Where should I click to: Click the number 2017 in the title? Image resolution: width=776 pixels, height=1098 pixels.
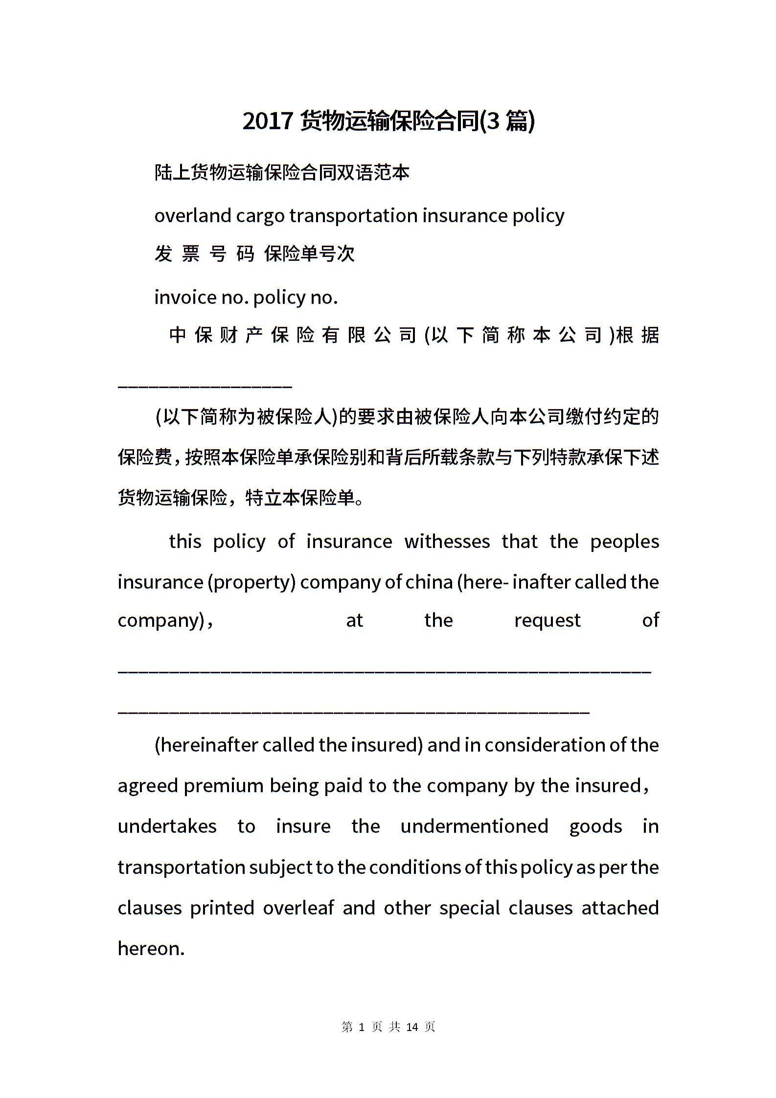[x=268, y=121]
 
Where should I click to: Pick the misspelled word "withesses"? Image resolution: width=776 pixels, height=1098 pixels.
[x=447, y=541]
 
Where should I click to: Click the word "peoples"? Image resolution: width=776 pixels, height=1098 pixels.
[x=624, y=542]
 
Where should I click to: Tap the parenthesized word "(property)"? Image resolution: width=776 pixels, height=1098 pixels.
[x=251, y=582]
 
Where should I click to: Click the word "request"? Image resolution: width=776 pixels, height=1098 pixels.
[x=547, y=620]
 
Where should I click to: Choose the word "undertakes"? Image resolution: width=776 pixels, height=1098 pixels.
[x=167, y=826]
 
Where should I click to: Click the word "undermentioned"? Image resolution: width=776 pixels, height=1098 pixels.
[x=474, y=826]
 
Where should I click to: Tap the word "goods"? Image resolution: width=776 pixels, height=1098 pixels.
[x=595, y=826]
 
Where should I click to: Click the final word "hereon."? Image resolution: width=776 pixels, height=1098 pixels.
[x=151, y=948]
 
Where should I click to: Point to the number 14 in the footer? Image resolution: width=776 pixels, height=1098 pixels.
[x=412, y=1027]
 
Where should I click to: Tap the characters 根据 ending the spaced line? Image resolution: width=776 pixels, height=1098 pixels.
[x=638, y=335]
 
